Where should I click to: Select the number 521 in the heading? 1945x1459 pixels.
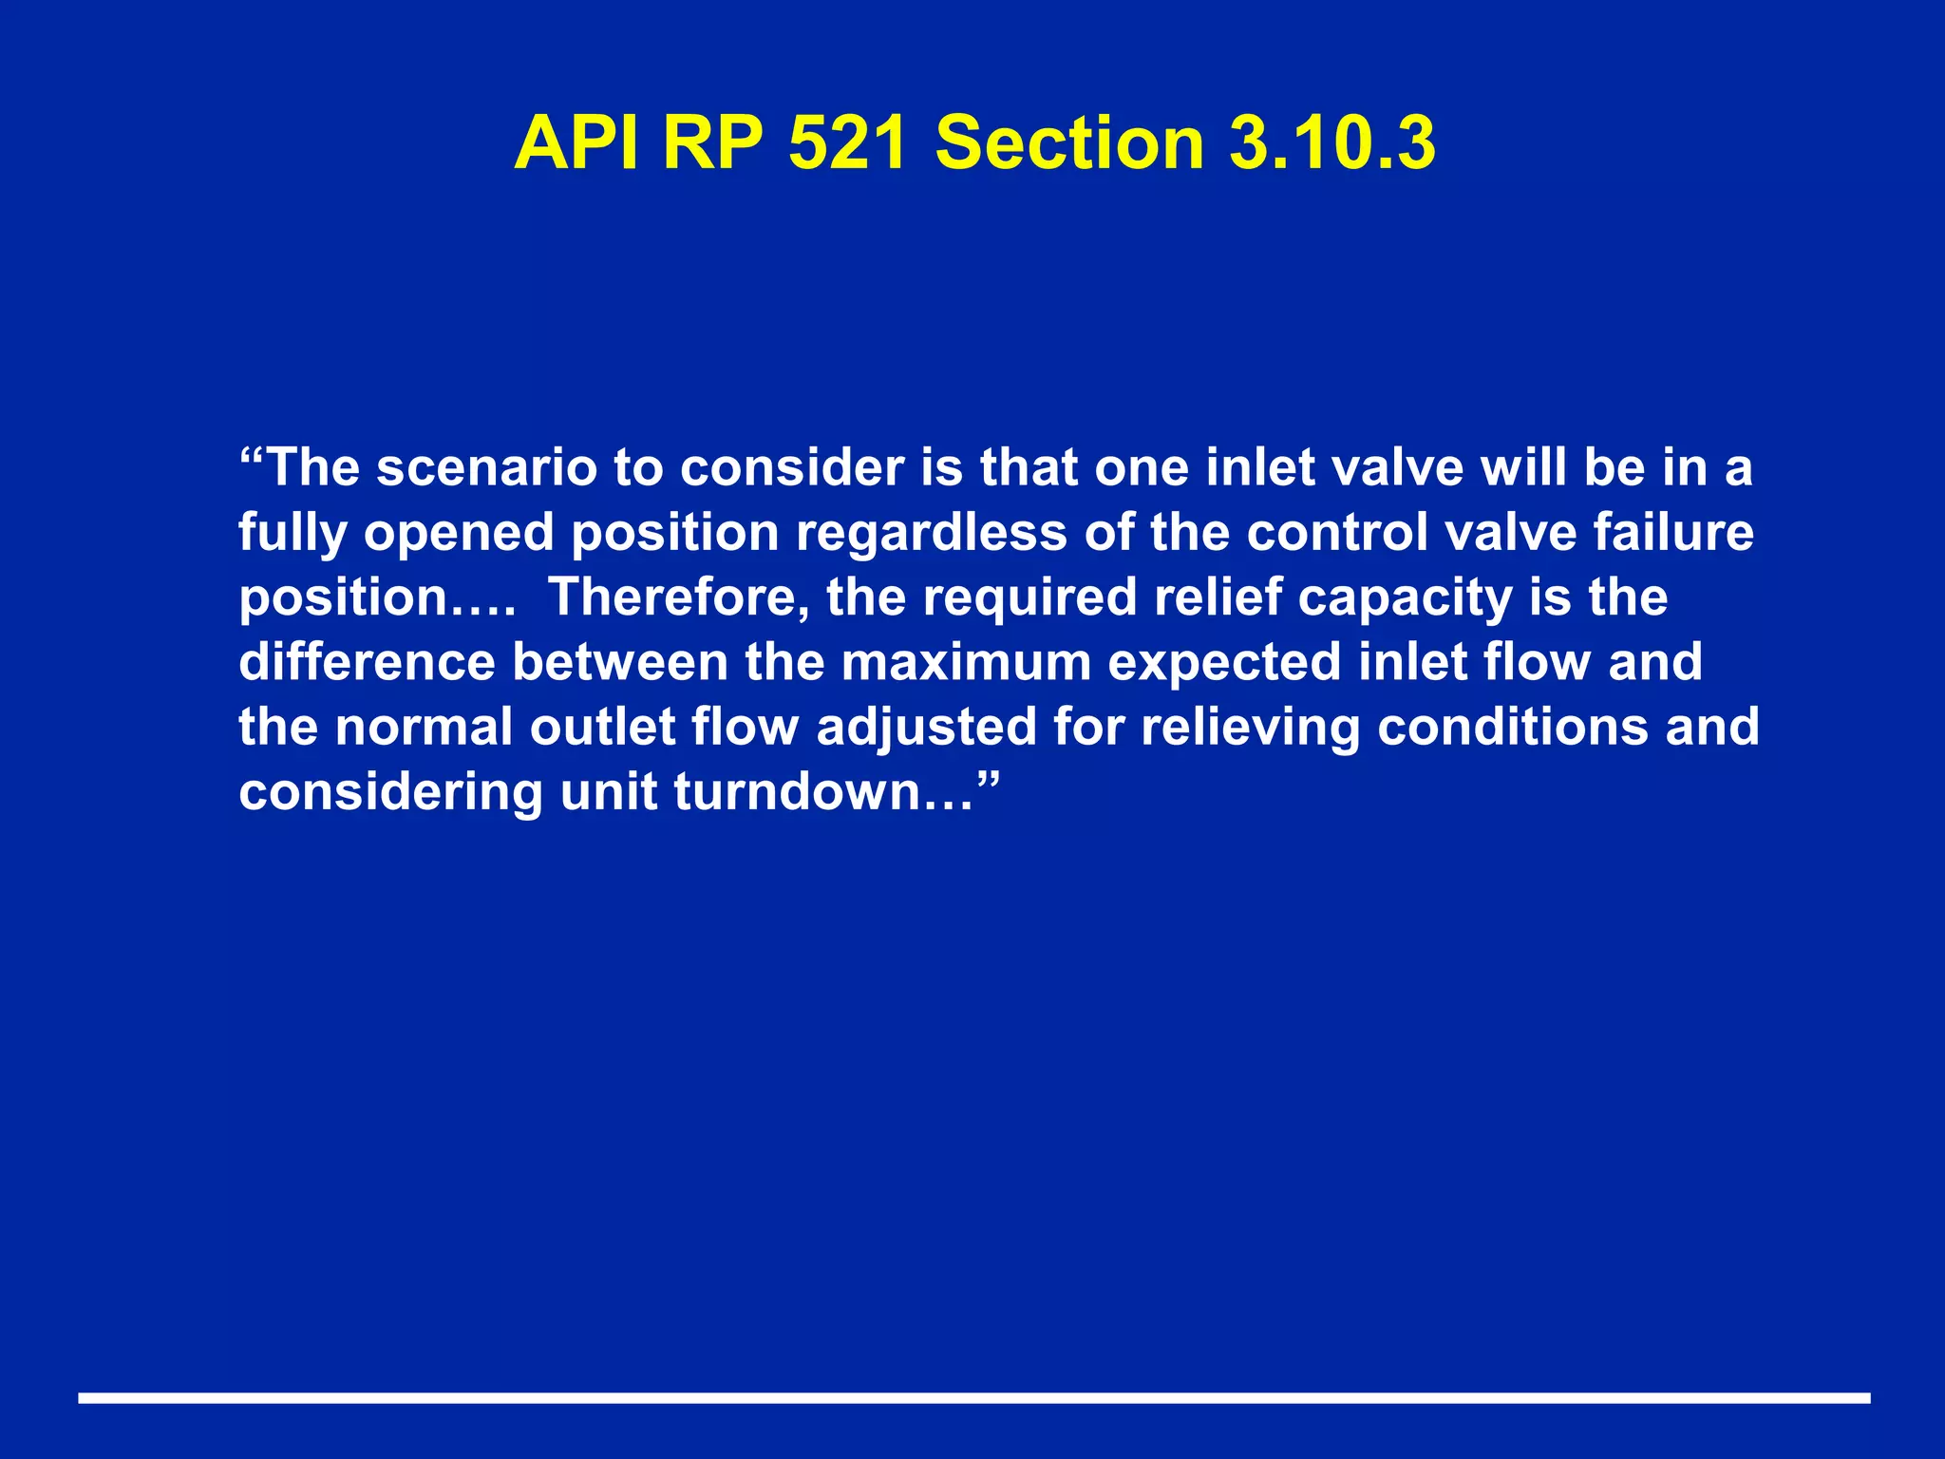(848, 142)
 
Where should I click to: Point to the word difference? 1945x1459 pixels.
(367, 662)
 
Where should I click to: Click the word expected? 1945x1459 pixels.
(1225, 664)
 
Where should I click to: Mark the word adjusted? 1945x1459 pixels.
(926, 729)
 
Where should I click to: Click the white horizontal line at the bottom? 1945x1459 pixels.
(972, 1397)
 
